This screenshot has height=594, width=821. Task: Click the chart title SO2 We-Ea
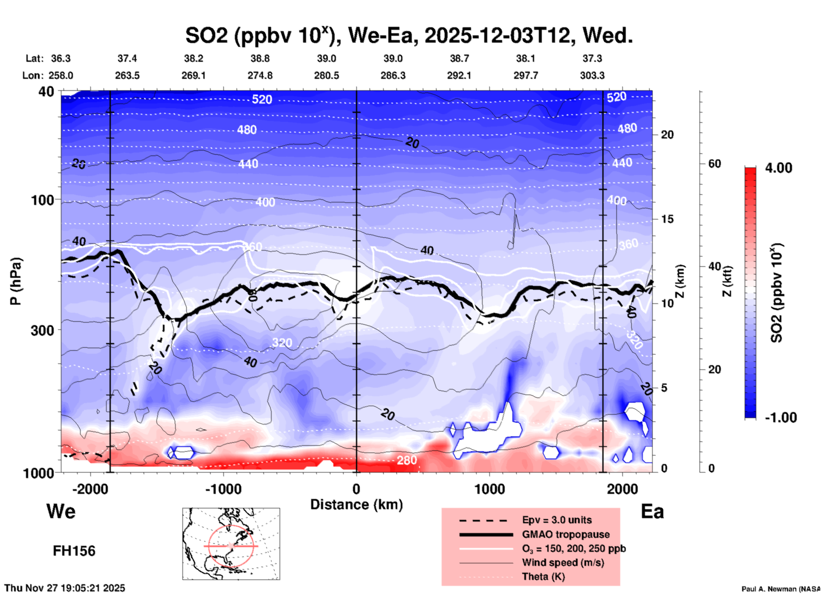pyautogui.click(x=409, y=35)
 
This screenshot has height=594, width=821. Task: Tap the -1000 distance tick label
pyautogui.click(x=223, y=489)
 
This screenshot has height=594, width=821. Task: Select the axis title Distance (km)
pyautogui.click(x=356, y=505)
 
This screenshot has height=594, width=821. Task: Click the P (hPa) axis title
pyautogui.click(x=15, y=281)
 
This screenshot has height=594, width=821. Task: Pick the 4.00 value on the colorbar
pyautogui.click(x=778, y=168)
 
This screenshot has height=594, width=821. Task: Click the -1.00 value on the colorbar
pyautogui.click(x=781, y=418)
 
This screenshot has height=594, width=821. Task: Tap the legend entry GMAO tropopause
pyautogui.click(x=566, y=534)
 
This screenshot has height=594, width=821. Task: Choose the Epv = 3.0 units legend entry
pyautogui.click(x=557, y=520)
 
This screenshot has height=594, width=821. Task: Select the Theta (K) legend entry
pyautogui.click(x=543, y=577)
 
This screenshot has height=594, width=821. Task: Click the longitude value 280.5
pyautogui.click(x=327, y=75)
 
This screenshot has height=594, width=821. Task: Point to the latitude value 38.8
pyautogui.click(x=260, y=58)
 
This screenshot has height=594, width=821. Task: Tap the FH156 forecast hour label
pyautogui.click(x=74, y=551)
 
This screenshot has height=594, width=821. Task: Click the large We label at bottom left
pyautogui.click(x=61, y=511)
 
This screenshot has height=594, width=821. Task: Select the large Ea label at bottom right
pyautogui.click(x=652, y=511)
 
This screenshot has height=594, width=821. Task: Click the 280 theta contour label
pyautogui.click(x=407, y=460)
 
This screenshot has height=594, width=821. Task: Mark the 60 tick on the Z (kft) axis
pyautogui.click(x=714, y=164)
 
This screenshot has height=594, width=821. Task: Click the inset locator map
pyautogui.click(x=231, y=544)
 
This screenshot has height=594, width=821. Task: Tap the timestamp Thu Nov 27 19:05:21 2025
pyautogui.click(x=65, y=588)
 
